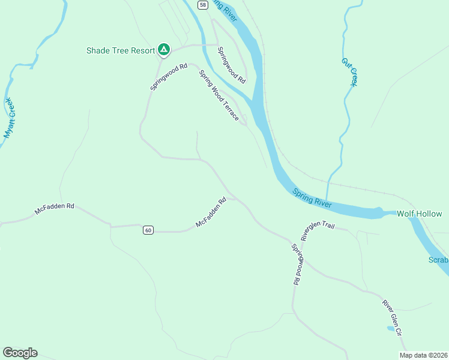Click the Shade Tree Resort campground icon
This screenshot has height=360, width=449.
pos(163,50)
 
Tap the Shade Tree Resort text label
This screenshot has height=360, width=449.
pos(121,50)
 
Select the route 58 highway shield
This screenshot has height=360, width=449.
pos(202,5)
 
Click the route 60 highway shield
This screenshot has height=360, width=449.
pos(148,230)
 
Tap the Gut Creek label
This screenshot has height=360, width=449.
pos(349,72)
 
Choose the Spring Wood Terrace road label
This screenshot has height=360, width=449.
pos(219,95)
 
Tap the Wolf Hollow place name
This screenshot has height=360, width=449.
pos(422,214)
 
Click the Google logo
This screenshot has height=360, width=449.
pos(20,353)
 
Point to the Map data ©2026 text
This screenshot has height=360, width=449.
pos(423,355)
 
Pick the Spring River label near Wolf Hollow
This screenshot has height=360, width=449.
pos(312,198)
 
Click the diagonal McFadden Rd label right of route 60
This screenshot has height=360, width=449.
pos(210,212)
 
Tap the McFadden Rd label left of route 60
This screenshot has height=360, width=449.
pos(55,209)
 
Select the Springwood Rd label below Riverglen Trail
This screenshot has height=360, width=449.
pos(298,264)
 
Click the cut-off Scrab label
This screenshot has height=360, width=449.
pos(438,260)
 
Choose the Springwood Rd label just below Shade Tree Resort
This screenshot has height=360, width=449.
pos(169,77)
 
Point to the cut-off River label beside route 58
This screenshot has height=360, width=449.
pos(225,10)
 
